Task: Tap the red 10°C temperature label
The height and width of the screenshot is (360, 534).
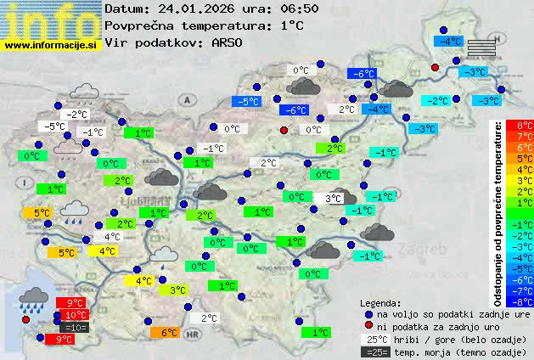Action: coord(74,315)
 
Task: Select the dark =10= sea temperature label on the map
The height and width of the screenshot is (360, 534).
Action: coord(74,327)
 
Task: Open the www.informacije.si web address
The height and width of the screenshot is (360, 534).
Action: coord(51,44)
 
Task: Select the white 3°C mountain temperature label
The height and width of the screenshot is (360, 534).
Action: coord(333,198)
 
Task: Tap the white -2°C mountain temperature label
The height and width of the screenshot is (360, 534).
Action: coord(78,115)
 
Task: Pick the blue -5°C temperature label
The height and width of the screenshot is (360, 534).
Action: coord(247,101)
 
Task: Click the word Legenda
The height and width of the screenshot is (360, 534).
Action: coord(380,302)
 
